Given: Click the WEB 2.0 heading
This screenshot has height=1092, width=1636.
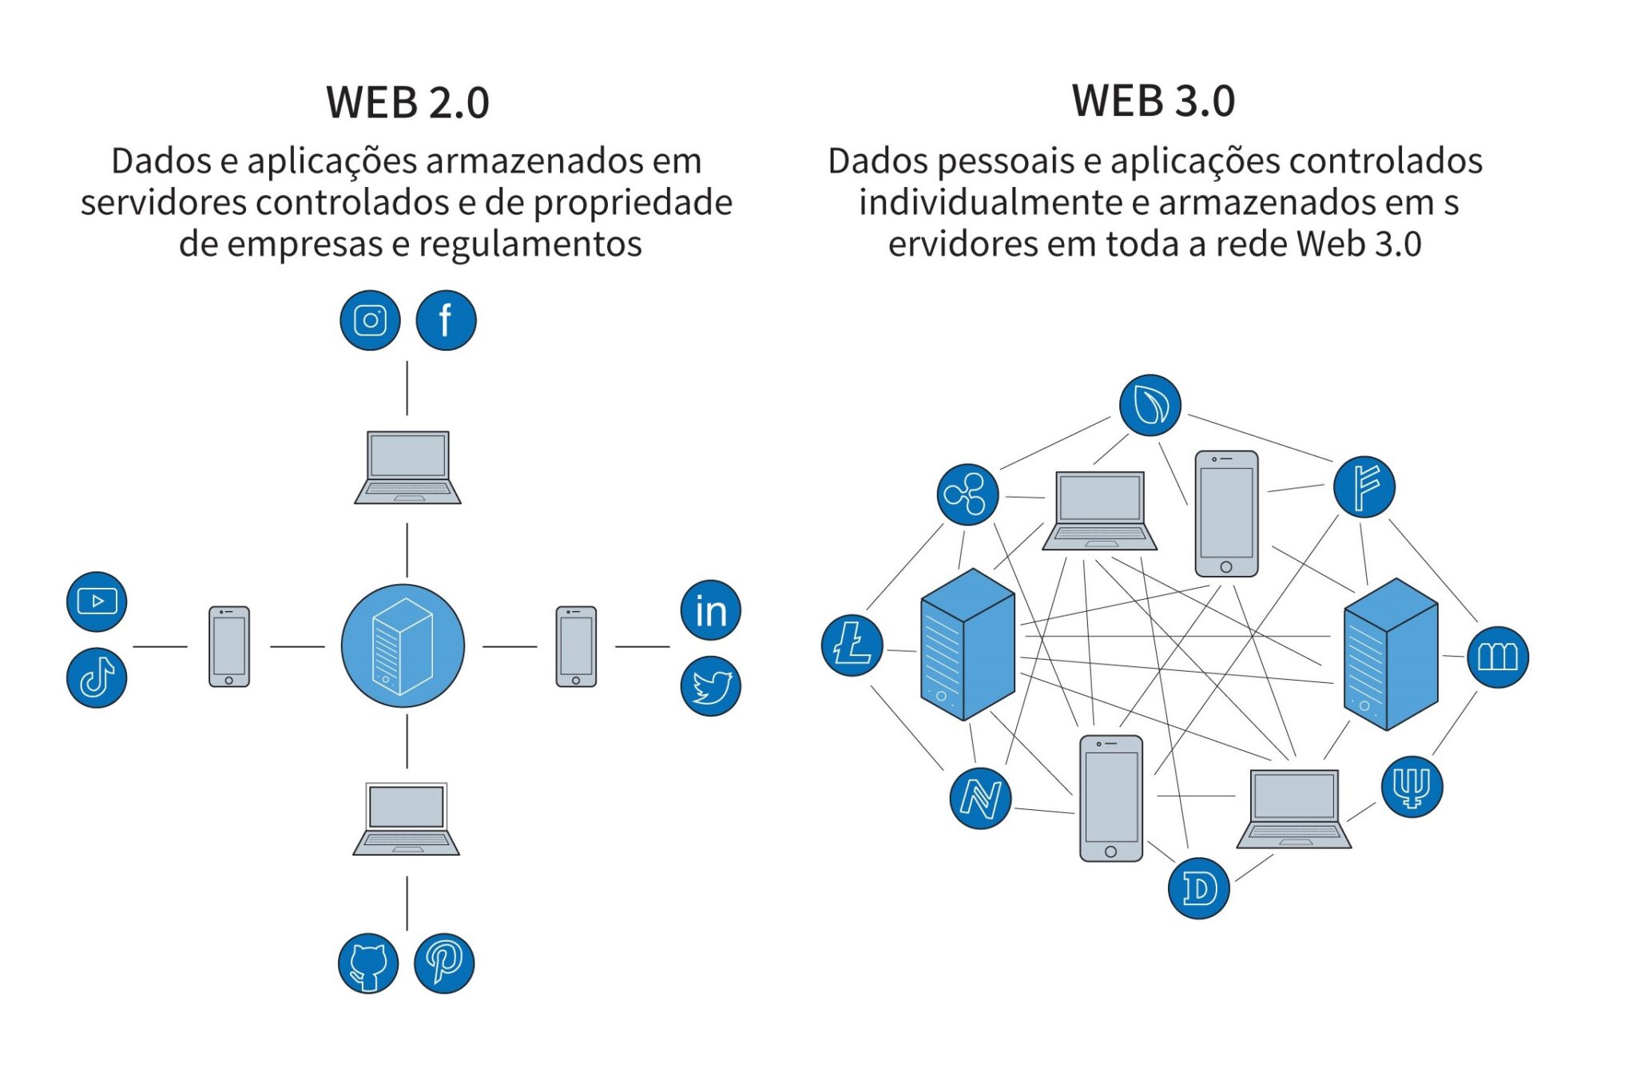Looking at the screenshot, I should [407, 102].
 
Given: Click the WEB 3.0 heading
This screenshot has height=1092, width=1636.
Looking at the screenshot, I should [1153, 101].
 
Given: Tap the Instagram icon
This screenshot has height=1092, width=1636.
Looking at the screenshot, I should [370, 320].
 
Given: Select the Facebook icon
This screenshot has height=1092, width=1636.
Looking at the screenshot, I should [446, 320].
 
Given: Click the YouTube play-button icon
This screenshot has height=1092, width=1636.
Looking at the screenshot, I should [97, 602].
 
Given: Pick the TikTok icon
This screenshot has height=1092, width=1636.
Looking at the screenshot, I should [97, 677].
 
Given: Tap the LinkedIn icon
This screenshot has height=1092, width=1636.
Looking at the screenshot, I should [710, 610].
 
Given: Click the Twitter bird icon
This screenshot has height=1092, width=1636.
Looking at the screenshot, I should [710, 686].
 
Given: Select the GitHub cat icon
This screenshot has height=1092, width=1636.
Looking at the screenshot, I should [368, 963].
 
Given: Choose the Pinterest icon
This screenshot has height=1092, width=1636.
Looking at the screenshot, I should [444, 963].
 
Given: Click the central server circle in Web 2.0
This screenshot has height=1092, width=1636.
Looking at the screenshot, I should [403, 645].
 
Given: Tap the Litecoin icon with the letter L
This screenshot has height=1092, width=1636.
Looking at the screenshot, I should [852, 645].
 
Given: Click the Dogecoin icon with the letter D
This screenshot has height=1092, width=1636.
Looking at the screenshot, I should [1198, 888].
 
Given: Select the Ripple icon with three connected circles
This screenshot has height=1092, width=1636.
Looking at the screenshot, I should [967, 494].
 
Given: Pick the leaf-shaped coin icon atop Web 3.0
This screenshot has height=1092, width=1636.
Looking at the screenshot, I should [1150, 405].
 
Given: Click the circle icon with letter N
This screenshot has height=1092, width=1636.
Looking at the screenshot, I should [980, 798].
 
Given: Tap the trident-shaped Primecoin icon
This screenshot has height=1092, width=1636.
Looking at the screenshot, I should [1412, 787].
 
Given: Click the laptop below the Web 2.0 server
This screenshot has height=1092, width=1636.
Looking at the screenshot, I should [407, 820].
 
